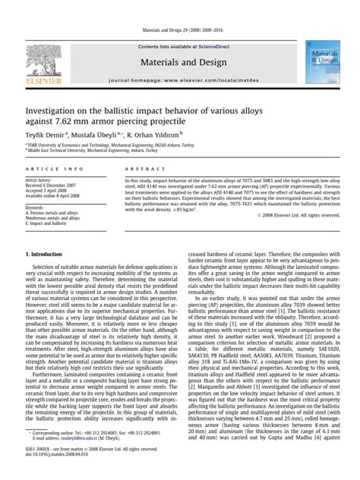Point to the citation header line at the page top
179,10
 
